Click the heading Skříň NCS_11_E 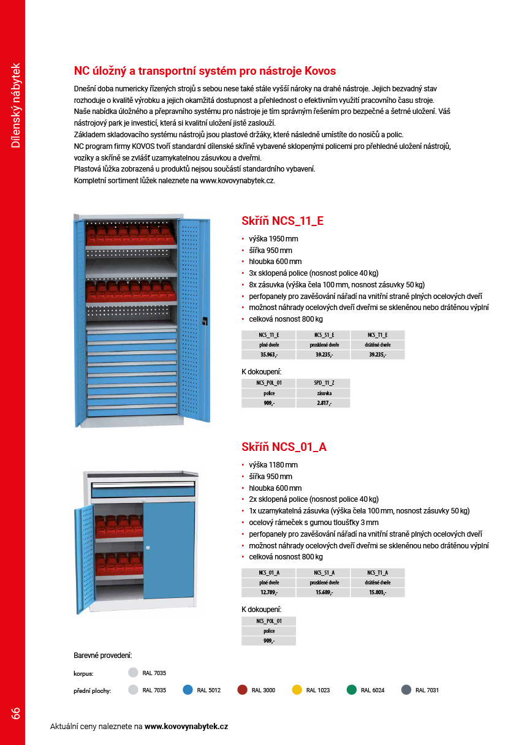click(282, 221)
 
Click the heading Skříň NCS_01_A click(284, 447)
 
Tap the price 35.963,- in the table click(268, 355)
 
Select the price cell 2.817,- click(323, 403)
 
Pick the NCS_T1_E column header click(377, 335)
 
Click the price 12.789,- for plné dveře click(268, 592)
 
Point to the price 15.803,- click(377, 592)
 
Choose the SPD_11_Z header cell click(323, 383)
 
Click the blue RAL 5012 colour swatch click(188, 690)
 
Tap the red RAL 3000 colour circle click(242, 690)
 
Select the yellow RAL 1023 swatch click(297, 690)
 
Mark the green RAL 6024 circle click(351, 690)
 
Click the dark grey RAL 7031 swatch click(406, 690)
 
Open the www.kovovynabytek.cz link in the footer click(186, 727)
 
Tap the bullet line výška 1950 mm click(273, 239)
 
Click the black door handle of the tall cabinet click(205, 319)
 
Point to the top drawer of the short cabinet click(143, 489)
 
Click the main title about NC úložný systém click(205, 71)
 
